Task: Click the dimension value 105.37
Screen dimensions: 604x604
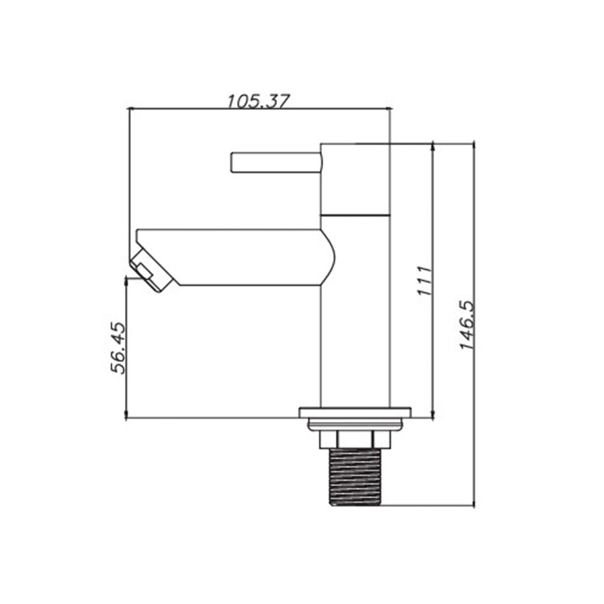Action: (258, 101)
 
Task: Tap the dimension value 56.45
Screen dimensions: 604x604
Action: (118, 348)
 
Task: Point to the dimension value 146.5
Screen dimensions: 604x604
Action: (468, 325)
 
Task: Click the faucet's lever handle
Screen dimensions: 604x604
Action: (276, 163)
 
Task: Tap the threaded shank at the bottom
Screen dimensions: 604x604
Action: (355, 477)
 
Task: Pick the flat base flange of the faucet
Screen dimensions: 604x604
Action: (354, 412)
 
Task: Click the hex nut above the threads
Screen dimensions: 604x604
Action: (354, 439)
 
